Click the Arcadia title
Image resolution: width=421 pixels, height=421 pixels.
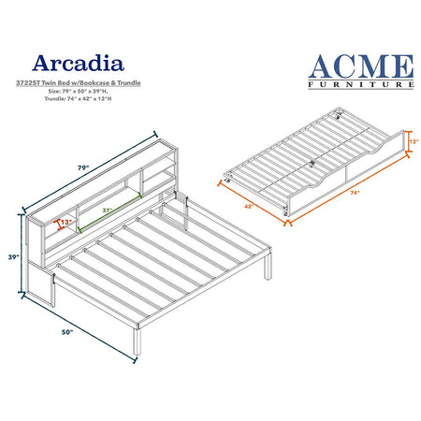(x=79, y=64)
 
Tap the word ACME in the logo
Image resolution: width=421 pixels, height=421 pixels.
(x=361, y=66)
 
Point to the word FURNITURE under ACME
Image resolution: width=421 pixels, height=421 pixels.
(x=361, y=84)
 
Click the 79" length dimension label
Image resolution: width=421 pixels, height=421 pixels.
(x=83, y=167)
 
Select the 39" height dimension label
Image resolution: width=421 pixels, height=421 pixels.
(x=14, y=257)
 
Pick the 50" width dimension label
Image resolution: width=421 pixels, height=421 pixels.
(x=67, y=332)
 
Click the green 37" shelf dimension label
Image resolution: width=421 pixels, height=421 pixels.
(x=108, y=210)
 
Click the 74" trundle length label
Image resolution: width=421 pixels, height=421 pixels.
(x=355, y=193)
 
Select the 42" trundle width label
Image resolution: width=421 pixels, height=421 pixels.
(x=249, y=206)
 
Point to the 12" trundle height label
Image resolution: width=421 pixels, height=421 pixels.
(x=414, y=141)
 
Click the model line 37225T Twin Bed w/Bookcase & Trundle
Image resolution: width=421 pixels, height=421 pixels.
(x=79, y=83)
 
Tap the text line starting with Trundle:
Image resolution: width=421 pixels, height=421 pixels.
(x=78, y=98)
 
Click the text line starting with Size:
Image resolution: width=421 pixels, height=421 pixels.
(x=78, y=92)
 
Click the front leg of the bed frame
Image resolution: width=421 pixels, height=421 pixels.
(x=137, y=341)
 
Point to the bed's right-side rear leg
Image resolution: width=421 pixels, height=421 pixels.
(x=268, y=266)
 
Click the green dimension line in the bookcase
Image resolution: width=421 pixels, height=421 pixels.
(x=109, y=213)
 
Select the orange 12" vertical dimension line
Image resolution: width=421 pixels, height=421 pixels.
(x=407, y=141)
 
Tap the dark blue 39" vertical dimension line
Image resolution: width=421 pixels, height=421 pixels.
(x=22, y=254)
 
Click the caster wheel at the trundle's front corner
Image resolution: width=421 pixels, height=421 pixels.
(x=284, y=212)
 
